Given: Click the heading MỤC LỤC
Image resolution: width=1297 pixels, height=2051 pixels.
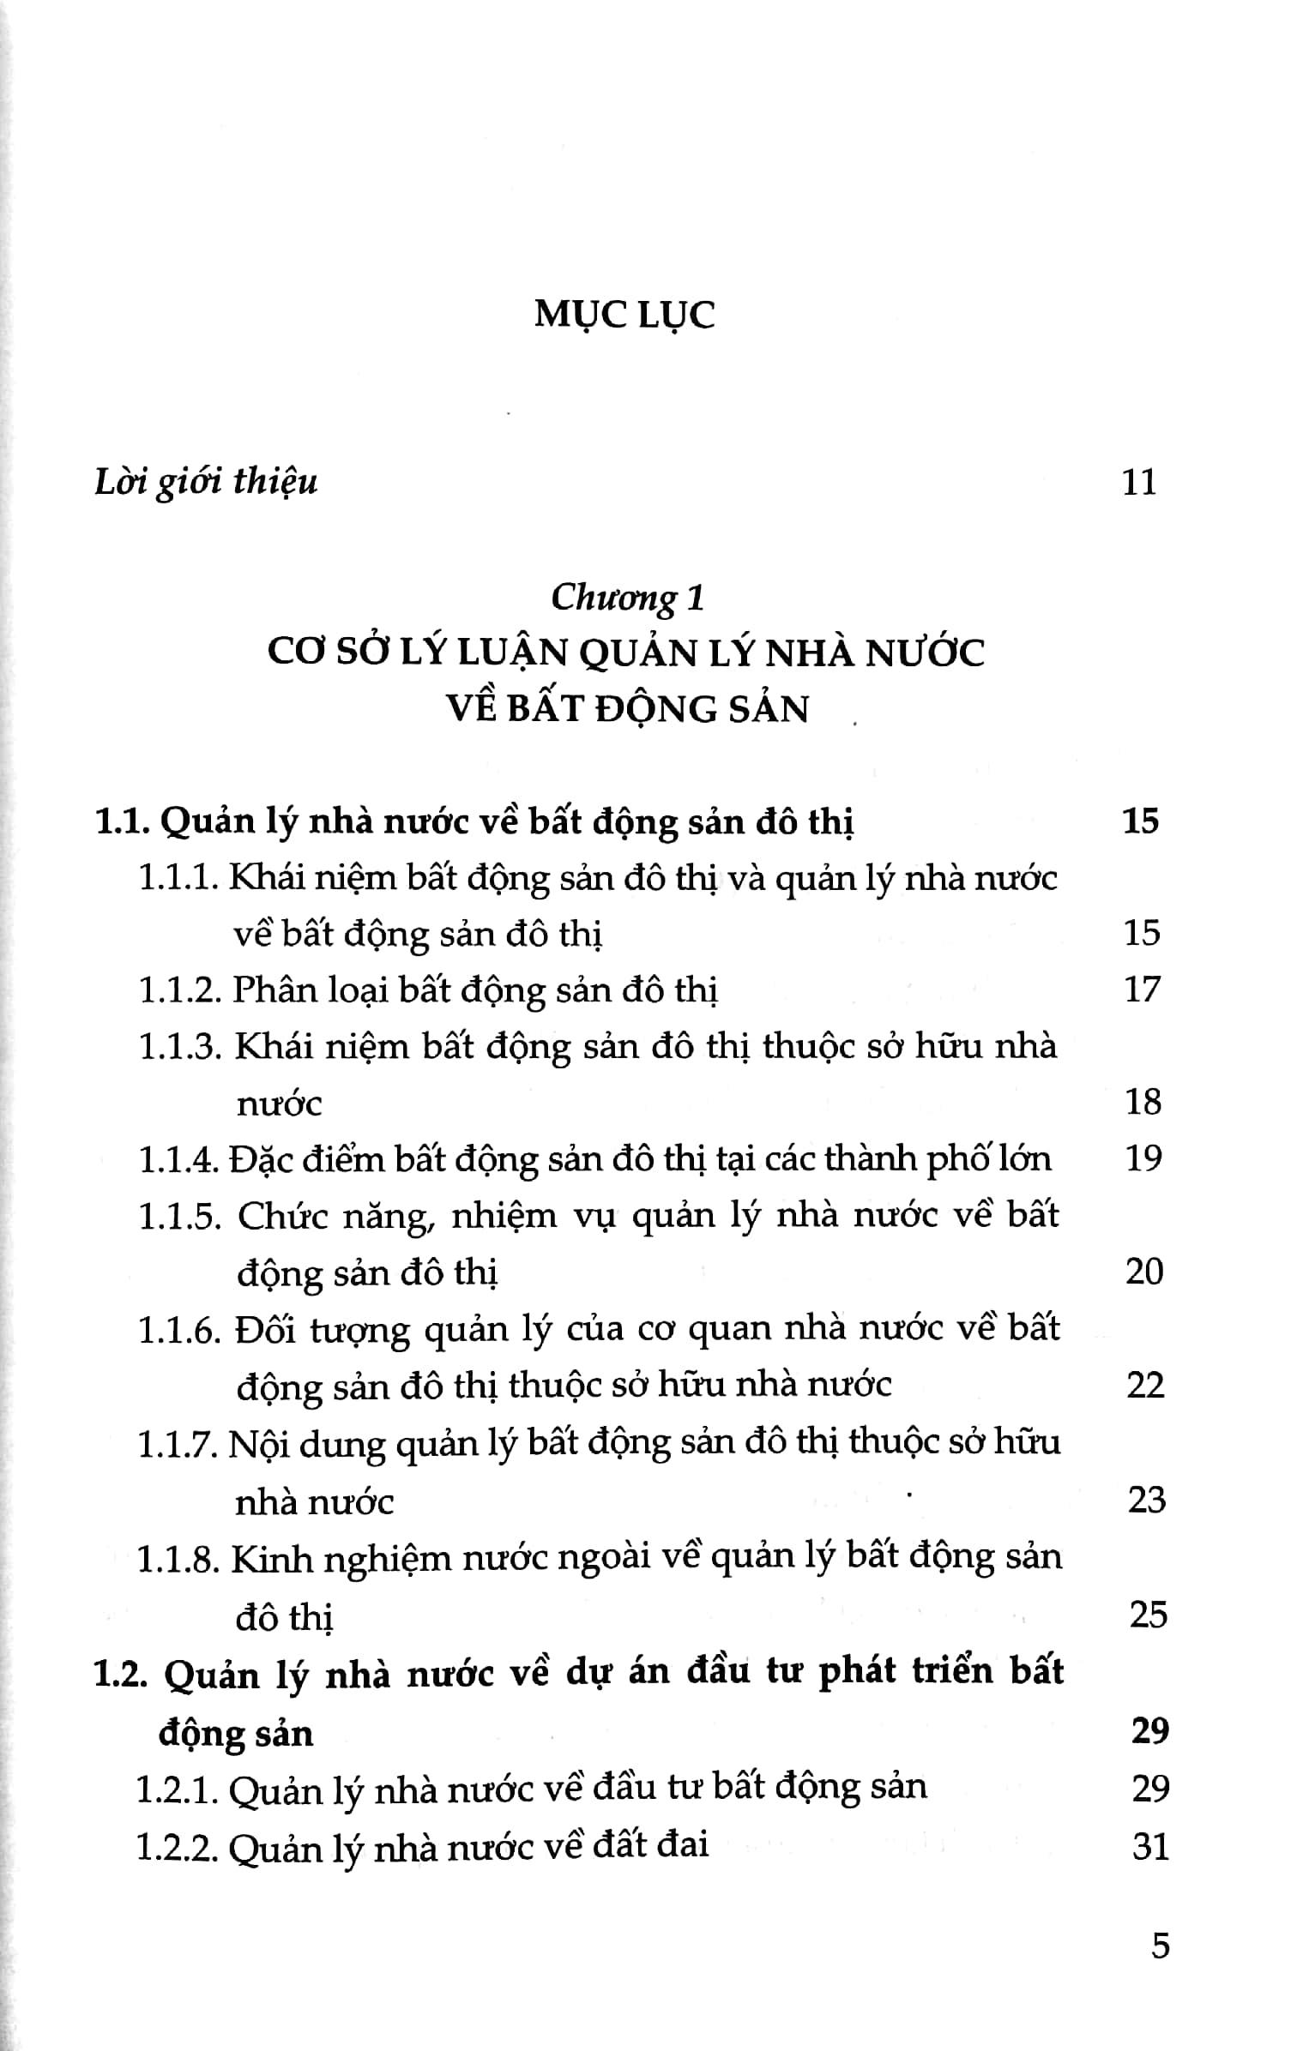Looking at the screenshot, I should tap(624, 315).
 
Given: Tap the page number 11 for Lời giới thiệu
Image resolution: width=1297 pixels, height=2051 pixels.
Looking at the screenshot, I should tap(1139, 482).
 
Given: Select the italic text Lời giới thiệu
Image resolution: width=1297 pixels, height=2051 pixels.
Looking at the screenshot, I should tap(206, 482).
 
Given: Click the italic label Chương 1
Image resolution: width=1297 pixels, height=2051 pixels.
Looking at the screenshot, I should tap(627, 598).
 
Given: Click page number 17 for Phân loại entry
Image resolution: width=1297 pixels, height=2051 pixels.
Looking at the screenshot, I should tap(1142, 989).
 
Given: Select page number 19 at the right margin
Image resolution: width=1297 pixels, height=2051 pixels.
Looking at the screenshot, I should tap(1143, 1158).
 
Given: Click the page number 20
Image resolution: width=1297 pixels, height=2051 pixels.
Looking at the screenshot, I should tap(1144, 1271).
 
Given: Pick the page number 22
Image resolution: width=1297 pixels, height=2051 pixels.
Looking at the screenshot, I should tap(1145, 1385).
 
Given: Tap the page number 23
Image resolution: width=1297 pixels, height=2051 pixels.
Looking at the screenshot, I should tap(1147, 1500).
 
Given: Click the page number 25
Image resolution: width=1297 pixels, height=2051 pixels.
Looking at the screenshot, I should tap(1149, 1615).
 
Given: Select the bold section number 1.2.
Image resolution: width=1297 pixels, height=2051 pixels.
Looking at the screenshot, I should tap(121, 1673).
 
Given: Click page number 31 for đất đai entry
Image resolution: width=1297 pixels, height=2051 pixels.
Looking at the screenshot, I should tap(1150, 1845).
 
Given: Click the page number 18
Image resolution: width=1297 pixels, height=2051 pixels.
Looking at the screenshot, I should tap(1143, 1102).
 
